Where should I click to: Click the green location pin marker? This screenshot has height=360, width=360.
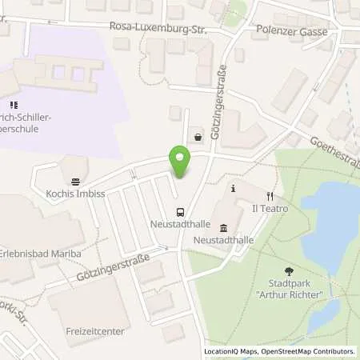point(179,162)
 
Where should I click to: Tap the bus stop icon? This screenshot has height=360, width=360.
point(182,212)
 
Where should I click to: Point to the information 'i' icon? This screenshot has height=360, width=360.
point(233,188)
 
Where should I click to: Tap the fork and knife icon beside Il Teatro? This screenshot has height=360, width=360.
point(270,194)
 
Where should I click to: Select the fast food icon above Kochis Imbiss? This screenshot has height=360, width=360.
point(75,182)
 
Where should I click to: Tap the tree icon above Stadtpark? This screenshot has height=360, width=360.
point(289,273)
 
